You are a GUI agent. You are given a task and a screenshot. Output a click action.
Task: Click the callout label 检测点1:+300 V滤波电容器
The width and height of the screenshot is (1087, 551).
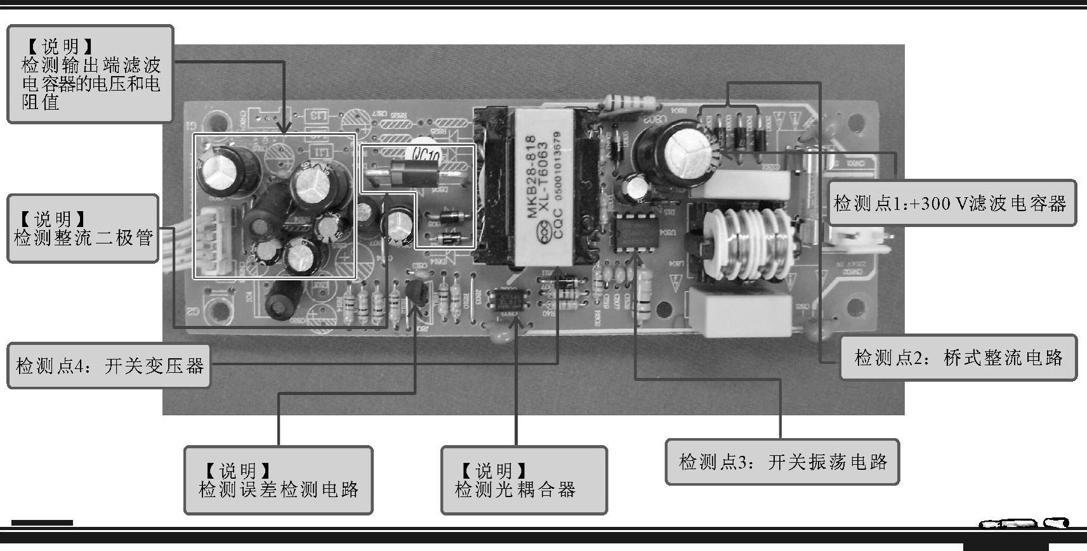pos(951,203)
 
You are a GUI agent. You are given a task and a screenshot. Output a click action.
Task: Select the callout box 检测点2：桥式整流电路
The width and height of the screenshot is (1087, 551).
pos(958,358)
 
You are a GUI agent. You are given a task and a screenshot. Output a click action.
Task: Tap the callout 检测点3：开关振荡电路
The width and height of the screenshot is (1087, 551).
pos(782,462)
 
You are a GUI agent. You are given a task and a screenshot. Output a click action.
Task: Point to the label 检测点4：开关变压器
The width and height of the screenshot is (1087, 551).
pos(109,366)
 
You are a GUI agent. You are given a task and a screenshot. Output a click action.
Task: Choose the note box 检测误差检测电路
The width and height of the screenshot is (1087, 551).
pos(278,480)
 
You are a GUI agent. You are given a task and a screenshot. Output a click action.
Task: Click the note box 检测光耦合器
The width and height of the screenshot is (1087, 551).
pos(524,480)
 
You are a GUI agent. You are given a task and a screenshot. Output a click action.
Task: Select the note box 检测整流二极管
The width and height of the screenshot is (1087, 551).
pos(82,229)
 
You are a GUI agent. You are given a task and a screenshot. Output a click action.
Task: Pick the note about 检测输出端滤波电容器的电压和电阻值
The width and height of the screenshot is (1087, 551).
pos(89,74)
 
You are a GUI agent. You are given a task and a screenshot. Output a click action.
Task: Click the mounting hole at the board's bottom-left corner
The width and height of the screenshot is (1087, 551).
pos(221,311)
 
